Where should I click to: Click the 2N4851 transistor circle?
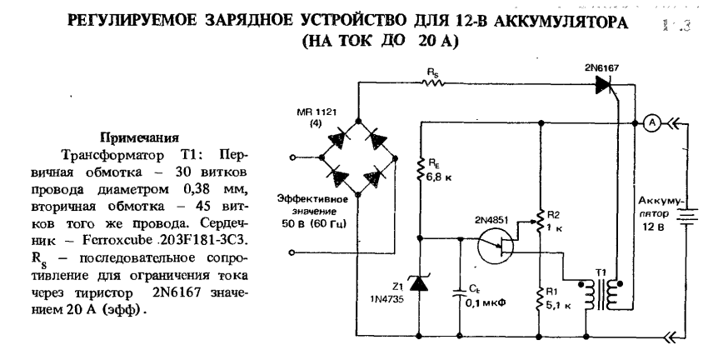498,247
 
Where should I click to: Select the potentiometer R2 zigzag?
540,221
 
